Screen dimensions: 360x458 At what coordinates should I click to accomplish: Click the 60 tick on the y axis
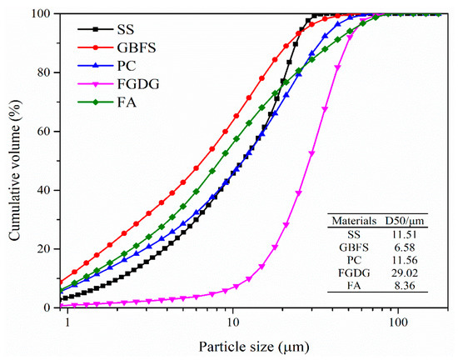click(x=47, y=131)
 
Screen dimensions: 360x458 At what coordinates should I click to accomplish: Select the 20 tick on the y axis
click(x=47, y=248)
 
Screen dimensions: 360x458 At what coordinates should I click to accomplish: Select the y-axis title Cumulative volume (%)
click(x=14, y=161)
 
